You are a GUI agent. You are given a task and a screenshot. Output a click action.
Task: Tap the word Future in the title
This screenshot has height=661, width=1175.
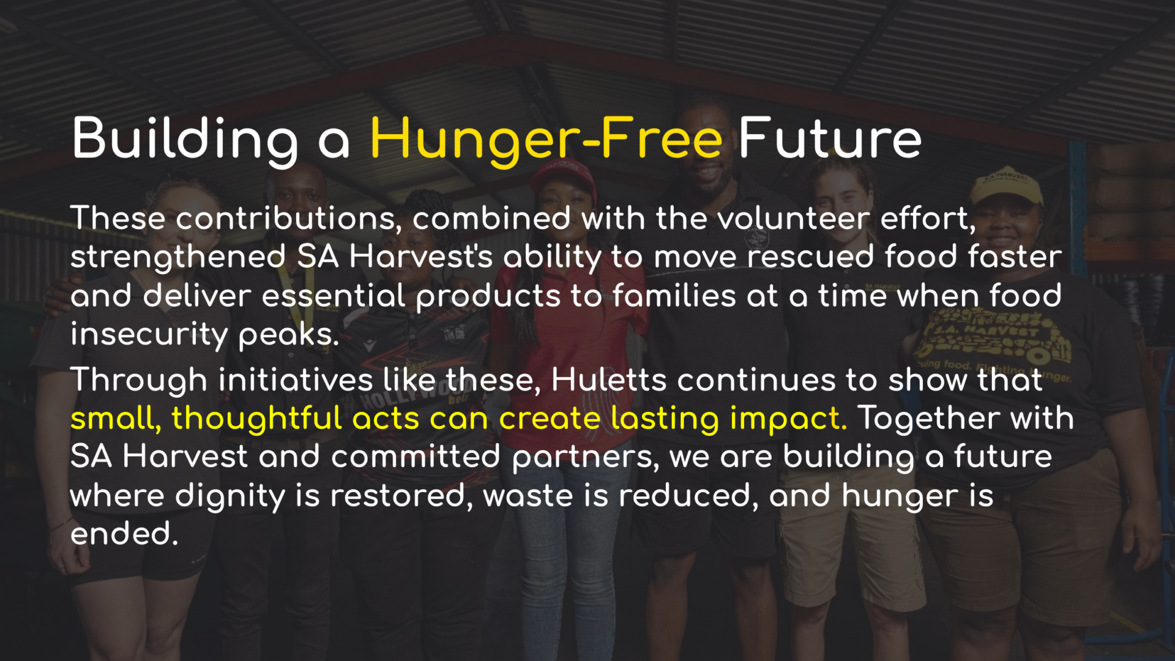[x=830, y=138]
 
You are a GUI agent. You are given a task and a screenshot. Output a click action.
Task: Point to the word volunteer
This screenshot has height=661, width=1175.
[x=793, y=218]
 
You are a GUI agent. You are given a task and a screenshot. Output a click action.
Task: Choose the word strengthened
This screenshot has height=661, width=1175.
[x=178, y=258]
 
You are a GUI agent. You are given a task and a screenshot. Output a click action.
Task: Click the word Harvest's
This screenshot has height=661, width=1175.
[x=421, y=257]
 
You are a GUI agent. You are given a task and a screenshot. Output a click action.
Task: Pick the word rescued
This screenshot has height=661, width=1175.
[x=810, y=257]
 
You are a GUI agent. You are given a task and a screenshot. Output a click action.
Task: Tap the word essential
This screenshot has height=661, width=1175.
[x=334, y=296]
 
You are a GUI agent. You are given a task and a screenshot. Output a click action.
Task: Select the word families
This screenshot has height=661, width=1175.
[x=674, y=296]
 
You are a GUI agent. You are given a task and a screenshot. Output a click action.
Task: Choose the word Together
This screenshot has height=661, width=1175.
[x=928, y=419]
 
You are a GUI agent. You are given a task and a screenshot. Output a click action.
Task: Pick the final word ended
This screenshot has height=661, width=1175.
[x=124, y=534]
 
